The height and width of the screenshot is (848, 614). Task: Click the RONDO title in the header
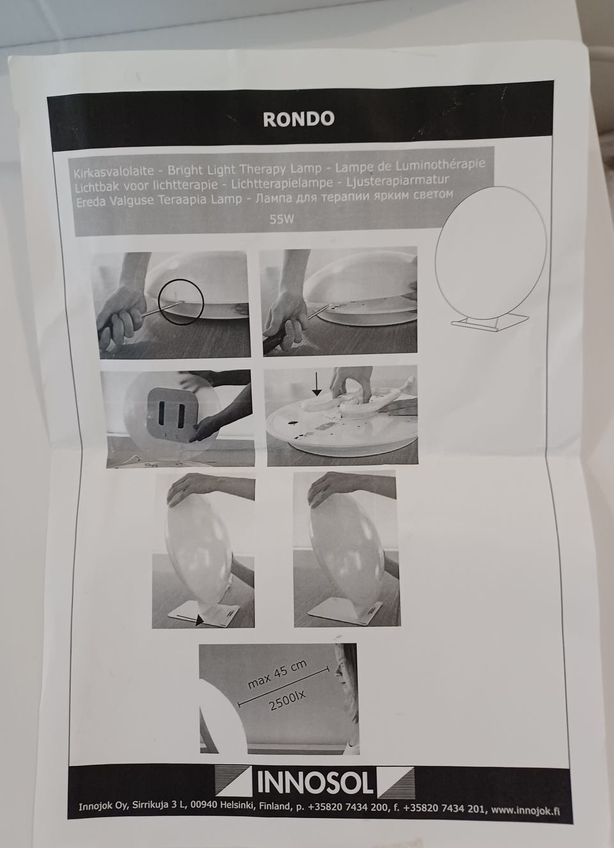(299, 119)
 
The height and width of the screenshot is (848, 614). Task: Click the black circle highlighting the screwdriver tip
(181, 301)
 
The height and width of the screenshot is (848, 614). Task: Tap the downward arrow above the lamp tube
(317, 383)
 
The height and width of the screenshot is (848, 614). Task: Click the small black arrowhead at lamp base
(199, 621)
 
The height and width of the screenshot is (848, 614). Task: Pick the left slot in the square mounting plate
(161, 413)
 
